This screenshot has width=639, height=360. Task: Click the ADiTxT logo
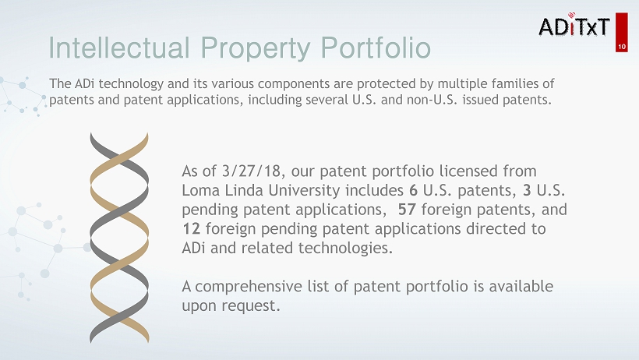(574, 25)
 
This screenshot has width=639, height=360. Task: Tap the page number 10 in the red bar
(622, 47)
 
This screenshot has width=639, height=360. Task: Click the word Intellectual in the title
(119, 48)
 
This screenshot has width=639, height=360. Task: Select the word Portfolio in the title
(376, 48)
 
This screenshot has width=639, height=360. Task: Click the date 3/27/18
(251, 171)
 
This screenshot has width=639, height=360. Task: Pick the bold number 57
(407, 209)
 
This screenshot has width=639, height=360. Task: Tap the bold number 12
(191, 228)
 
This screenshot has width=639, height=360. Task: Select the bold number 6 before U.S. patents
(414, 190)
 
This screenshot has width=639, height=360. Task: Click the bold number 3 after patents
(527, 190)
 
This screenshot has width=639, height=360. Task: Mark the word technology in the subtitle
(131, 84)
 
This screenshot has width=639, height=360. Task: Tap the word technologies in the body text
(345, 249)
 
